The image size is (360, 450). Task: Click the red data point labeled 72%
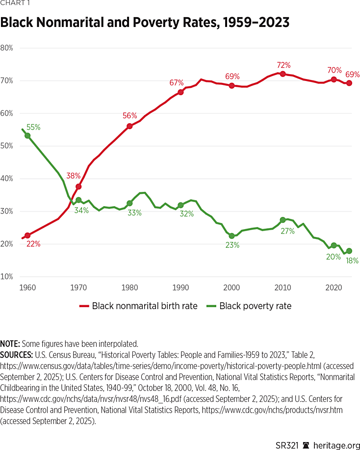click(283, 74)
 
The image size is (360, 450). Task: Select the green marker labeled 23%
click(231, 236)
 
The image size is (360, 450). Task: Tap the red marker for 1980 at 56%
click(129, 126)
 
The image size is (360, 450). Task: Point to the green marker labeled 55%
click(27, 135)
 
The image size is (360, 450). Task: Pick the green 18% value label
click(352, 261)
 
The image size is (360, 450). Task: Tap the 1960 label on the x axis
click(28, 287)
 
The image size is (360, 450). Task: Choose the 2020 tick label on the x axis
click(334, 287)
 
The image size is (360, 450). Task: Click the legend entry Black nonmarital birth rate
click(139, 306)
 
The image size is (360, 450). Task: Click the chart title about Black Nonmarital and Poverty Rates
click(145, 23)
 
